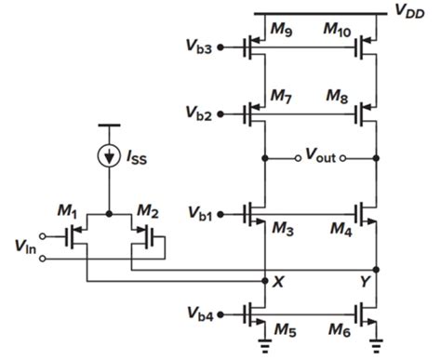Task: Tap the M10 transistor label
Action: [x=339, y=31]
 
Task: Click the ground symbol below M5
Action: [x=265, y=350]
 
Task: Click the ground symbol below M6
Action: [x=374, y=350]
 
